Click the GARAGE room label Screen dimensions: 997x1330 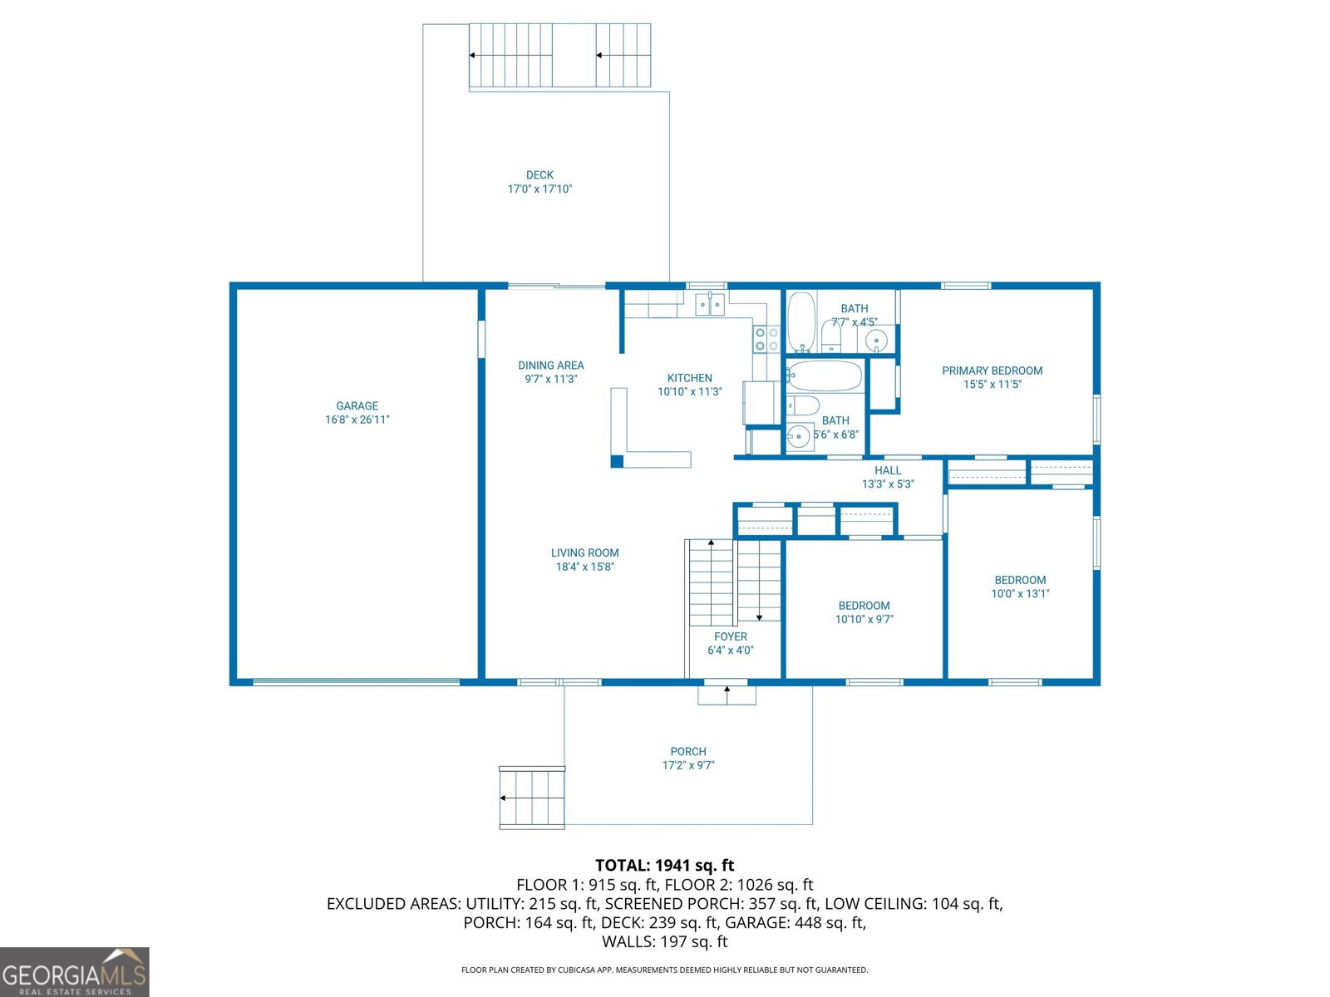[x=357, y=405]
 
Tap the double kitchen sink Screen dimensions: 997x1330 [x=710, y=305]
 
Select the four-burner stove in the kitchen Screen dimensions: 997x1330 [x=766, y=339]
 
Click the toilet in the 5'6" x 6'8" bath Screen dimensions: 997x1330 [x=803, y=405]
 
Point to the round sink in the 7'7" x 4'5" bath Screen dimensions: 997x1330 [x=876, y=340]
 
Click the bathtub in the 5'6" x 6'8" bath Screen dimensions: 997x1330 [x=825, y=376]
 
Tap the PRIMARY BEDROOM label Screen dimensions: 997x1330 [x=992, y=371]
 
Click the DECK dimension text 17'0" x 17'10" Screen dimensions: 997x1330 [x=539, y=189]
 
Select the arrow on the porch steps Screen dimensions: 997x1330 [x=504, y=798]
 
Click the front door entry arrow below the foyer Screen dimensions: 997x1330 [x=727, y=690]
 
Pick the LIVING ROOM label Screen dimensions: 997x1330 [x=584, y=553]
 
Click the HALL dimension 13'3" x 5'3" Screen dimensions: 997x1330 [x=888, y=484]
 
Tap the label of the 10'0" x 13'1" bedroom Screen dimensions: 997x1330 [x=1020, y=580]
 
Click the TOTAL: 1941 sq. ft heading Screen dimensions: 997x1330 [x=664, y=866]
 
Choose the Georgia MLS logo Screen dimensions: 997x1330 [x=75, y=972]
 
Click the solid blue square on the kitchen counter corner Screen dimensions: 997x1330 [x=617, y=461]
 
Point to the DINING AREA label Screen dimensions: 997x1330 [x=550, y=365]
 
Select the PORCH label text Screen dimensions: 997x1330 [x=688, y=751]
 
